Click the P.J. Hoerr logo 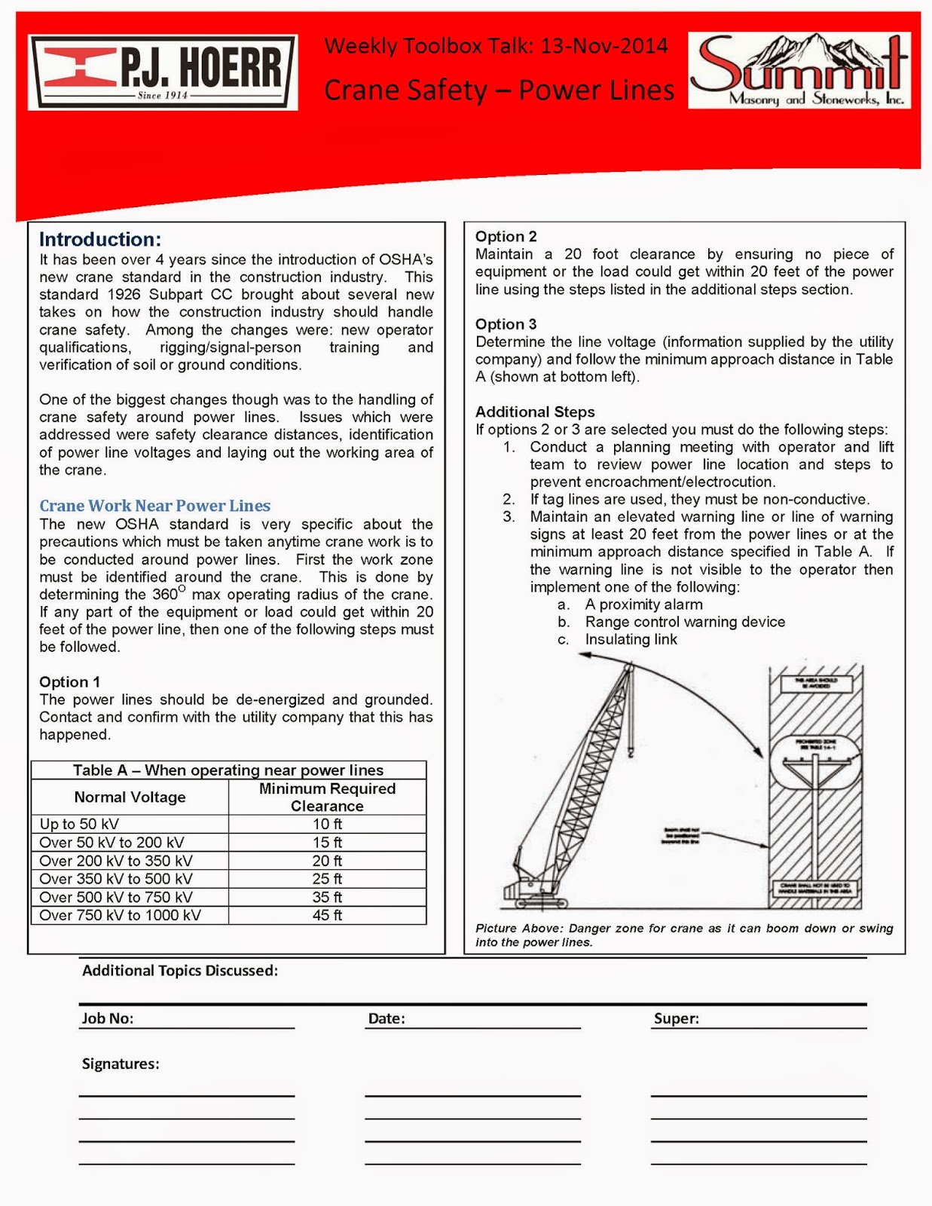[163, 72]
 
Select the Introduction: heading [100, 240]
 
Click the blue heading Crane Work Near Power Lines [154, 506]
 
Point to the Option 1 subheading [69, 682]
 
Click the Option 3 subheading [506, 324]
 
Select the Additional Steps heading [535, 412]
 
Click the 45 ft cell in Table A [327, 915]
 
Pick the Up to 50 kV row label [79, 825]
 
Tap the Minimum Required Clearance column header [327, 797]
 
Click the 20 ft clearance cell [327, 861]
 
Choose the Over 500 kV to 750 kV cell [116, 897]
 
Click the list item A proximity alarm [643, 605]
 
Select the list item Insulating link [631, 640]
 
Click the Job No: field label [108, 1018]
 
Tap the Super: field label [676, 1018]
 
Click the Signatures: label [121, 1064]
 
